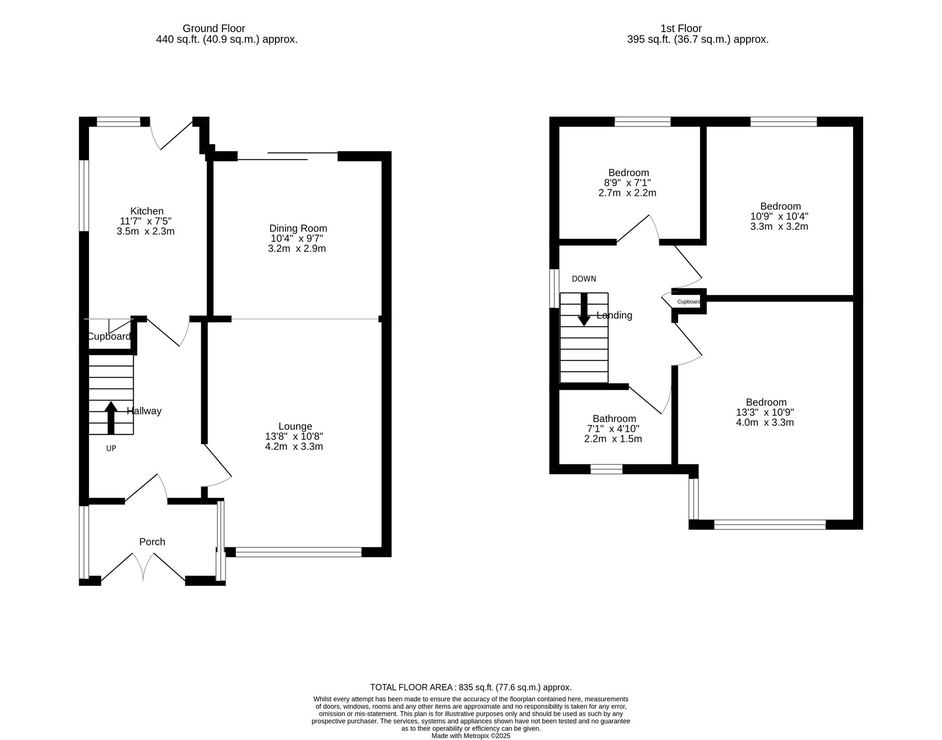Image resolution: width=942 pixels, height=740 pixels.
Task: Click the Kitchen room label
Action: (x=147, y=211)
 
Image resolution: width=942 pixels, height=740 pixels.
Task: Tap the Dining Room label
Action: (x=298, y=228)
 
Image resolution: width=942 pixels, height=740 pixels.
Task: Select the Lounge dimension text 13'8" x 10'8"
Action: (x=294, y=437)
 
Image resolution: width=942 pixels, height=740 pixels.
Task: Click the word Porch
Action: (x=152, y=542)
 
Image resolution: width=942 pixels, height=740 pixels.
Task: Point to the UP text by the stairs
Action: (x=111, y=448)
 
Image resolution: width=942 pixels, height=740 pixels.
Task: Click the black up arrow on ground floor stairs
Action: (x=111, y=417)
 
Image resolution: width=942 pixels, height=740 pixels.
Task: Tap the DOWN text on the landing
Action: (x=584, y=279)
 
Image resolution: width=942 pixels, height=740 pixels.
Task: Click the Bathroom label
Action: (x=614, y=419)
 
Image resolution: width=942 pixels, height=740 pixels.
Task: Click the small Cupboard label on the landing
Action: (x=689, y=302)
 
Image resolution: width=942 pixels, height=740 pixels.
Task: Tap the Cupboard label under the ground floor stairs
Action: (x=109, y=336)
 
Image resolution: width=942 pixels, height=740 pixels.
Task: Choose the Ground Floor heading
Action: (x=214, y=28)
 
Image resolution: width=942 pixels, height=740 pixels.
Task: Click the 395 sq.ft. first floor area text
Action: (x=698, y=40)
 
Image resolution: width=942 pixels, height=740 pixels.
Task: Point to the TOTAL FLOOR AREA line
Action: (x=471, y=687)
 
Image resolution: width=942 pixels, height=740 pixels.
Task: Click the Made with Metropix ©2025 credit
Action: (x=471, y=735)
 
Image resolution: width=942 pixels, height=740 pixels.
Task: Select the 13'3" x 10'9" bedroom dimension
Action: (x=765, y=412)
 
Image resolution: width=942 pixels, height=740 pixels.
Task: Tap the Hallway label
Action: (x=144, y=411)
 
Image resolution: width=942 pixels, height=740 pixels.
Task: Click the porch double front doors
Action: (x=143, y=567)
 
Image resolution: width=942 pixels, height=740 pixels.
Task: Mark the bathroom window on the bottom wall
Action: (x=607, y=469)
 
